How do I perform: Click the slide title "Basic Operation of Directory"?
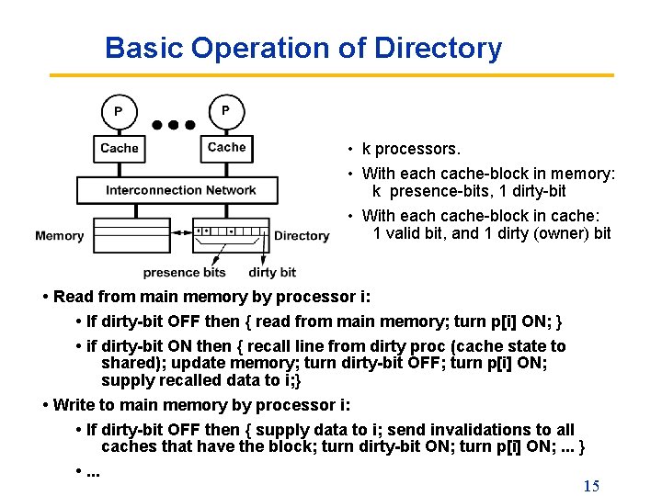click(x=303, y=48)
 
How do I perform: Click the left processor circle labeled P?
click(x=118, y=112)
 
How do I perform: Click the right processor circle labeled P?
click(x=226, y=111)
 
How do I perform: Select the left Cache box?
click(x=120, y=148)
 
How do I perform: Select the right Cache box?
click(x=226, y=147)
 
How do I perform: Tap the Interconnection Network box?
click(x=180, y=190)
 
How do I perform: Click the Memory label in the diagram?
click(x=59, y=236)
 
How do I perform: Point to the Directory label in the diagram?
click(x=302, y=236)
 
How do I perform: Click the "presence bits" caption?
click(x=184, y=272)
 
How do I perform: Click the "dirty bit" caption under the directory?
click(x=272, y=272)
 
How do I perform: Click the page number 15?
click(x=591, y=486)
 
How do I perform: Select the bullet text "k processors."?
click(x=411, y=149)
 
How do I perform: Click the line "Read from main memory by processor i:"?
click(x=207, y=297)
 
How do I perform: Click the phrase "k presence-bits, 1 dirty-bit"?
click(x=469, y=191)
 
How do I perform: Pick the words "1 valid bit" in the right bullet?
click(x=410, y=233)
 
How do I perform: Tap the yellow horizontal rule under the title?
click(x=331, y=75)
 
